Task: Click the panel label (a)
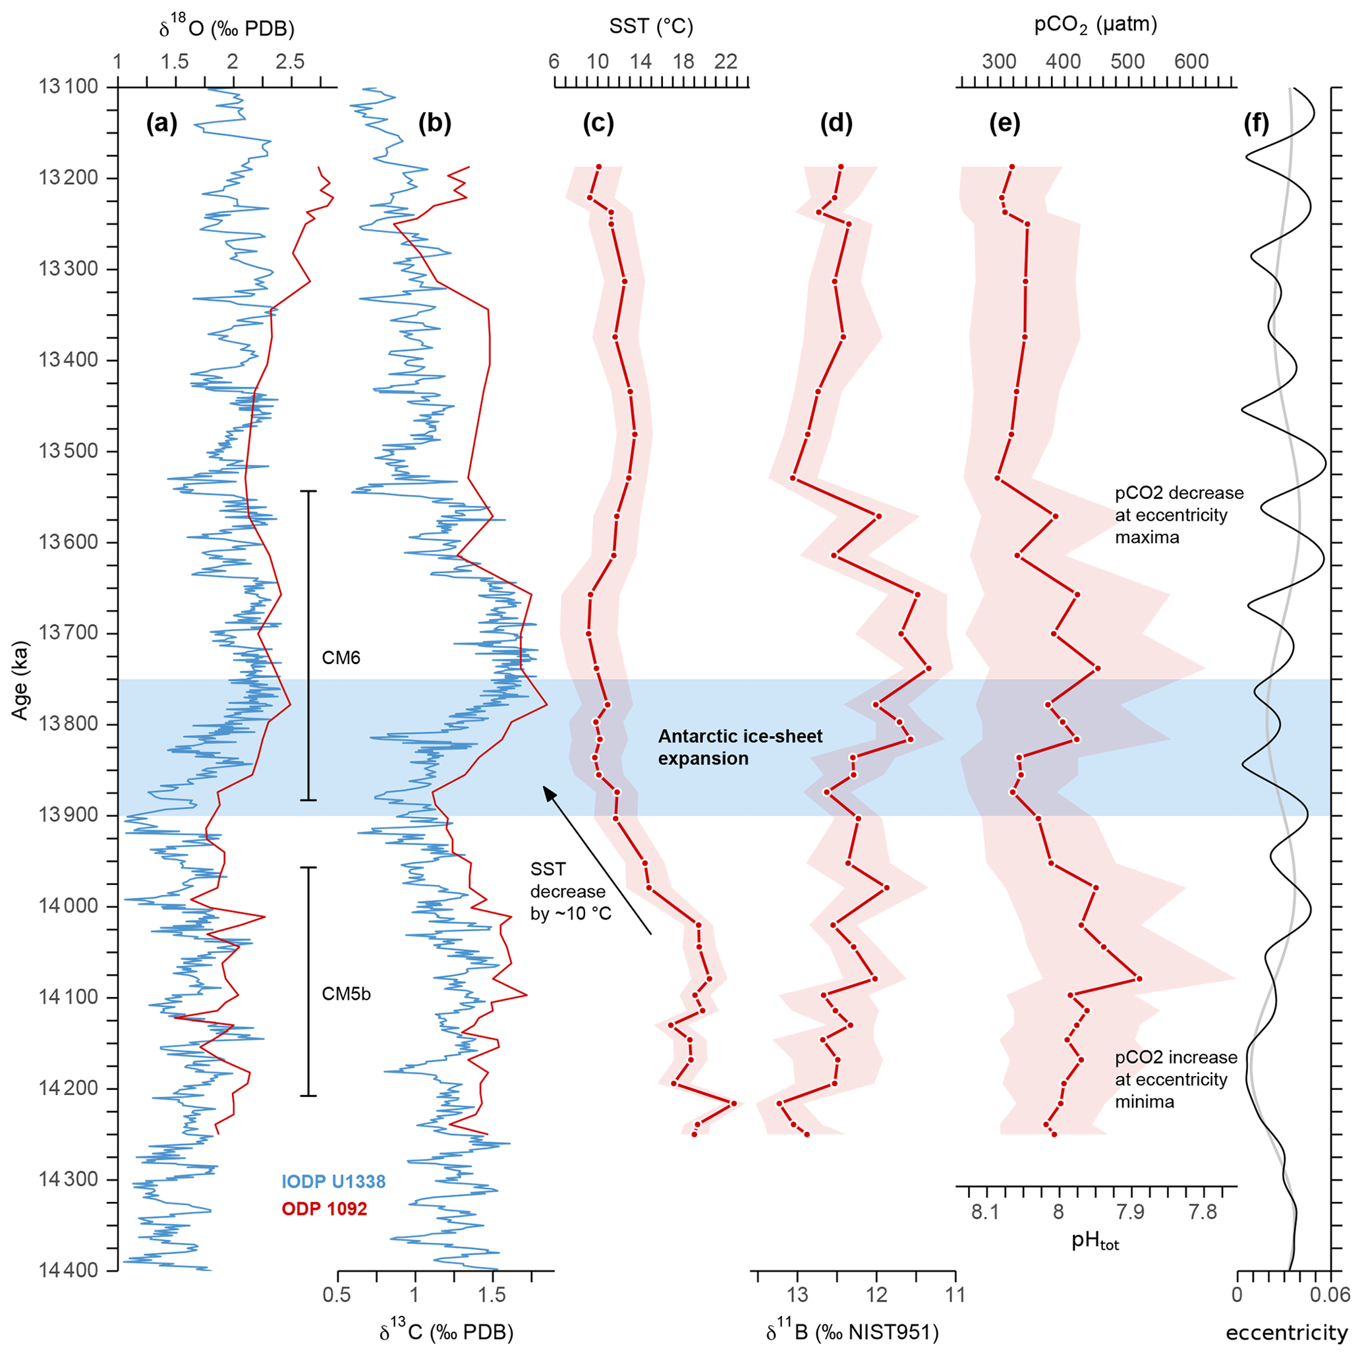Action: (161, 124)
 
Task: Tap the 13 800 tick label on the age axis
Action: (70, 725)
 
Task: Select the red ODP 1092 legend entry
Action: (324, 1210)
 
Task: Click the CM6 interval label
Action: (341, 658)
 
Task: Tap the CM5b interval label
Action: (346, 994)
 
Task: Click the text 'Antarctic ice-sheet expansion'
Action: (739, 748)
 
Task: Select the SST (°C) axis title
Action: (650, 27)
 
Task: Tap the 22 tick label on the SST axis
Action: (726, 62)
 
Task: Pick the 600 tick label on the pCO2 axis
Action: (1191, 62)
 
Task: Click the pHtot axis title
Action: (1095, 1241)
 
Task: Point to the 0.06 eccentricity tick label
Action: (1330, 1295)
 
